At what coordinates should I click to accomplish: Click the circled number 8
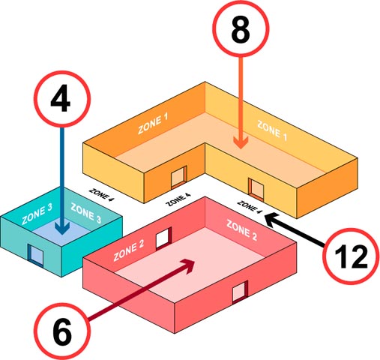pos(241,28)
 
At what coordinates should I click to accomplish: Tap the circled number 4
pos(62,99)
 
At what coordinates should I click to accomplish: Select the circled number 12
pos(351,256)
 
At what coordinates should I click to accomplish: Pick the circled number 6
pos(62,331)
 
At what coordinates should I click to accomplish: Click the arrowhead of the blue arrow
pos(62,228)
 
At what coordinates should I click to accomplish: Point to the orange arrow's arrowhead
pos(241,143)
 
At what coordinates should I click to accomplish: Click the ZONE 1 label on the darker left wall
pos(153,124)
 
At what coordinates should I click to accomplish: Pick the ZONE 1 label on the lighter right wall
pos(272,130)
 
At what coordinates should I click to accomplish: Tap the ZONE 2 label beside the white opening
pos(129,250)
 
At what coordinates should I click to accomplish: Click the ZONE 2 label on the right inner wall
pos(241,230)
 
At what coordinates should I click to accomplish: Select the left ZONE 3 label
pos(37,214)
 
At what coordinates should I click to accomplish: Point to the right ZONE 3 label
pos(86,213)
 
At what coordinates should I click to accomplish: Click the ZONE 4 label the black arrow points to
pos(250,207)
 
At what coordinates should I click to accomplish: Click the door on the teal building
pos(36,254)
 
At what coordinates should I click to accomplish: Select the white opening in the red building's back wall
pos(164,238)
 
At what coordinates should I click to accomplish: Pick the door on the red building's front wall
pos(240,292)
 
